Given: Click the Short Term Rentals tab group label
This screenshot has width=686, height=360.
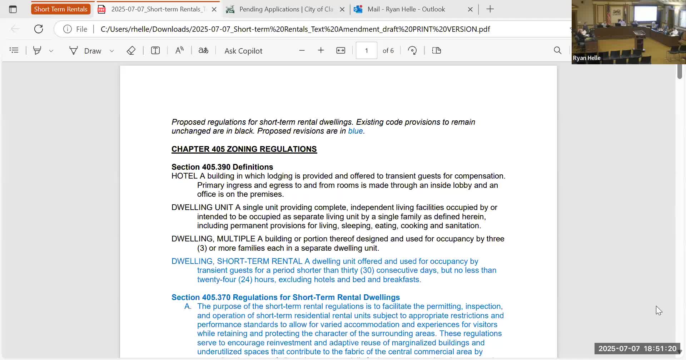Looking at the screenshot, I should click(60, 9).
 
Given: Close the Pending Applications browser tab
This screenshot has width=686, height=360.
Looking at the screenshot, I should click(342, 9).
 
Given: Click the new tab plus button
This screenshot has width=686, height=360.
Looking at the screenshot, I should click(490, 9).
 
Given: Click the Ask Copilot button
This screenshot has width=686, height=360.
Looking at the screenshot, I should click(243, 51).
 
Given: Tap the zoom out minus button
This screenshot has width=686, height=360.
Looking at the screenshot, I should click(302, 51).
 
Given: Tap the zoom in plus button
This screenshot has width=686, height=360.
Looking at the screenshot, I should click(321, 51).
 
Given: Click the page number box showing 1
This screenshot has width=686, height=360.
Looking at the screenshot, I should click(366, 51).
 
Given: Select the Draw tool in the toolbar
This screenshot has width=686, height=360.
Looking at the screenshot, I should click(86, 51).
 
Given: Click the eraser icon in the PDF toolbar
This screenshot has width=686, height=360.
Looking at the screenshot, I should click(131, 51).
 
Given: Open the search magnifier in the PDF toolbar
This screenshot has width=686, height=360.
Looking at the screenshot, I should click(557, 51).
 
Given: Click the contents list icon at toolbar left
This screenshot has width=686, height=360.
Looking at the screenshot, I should click(14, 51).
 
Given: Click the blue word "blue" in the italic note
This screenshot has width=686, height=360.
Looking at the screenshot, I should click(355, 131).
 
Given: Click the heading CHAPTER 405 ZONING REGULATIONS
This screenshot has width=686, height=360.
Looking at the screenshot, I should click(244, 149).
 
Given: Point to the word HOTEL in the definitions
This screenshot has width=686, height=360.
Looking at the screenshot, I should click(184, 176).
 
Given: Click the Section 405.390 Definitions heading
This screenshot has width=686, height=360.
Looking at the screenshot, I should click(222, 167).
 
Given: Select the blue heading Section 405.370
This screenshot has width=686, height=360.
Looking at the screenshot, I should click(285, 297).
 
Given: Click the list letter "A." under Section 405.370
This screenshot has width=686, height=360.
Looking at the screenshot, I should click(188, 306).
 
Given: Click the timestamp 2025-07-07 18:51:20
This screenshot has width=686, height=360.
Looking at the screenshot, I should click(637, 349).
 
